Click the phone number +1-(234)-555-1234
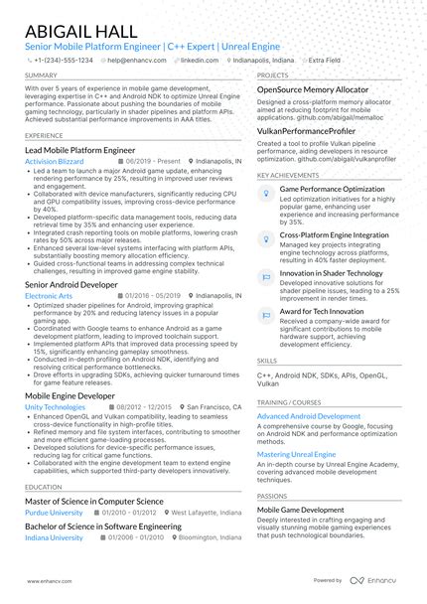click(x=63, y=60)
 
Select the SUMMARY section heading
click(x=41, y=75)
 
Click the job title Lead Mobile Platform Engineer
click(x=79, y=148)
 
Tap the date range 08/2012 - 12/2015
click(x=145, y=407)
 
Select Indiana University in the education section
click(x=54, y=536)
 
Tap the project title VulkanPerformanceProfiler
click(x=306, y=131)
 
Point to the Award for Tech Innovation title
click(x=329, y=312)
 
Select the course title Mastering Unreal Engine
click(x=297, y=453)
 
